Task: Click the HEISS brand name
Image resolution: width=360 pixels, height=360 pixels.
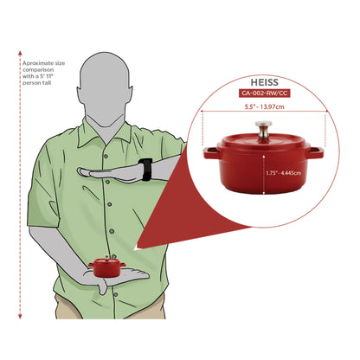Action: [x=264, y=82]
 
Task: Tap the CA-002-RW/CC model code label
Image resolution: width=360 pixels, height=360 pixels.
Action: [x=264, y=93]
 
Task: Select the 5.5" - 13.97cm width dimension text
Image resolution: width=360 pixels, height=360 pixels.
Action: [x=264, y=106]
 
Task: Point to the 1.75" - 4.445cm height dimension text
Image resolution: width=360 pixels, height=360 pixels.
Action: [x=284, y=173]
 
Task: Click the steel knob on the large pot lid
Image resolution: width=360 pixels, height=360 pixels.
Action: [x=263, y=130]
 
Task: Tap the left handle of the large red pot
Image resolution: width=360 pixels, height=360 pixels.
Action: [x=211, y=153]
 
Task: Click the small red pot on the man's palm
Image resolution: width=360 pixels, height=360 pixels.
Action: [x=107, y=267]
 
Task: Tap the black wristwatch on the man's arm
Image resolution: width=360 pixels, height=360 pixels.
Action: [x=145, y=170]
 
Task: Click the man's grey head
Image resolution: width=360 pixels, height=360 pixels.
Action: [x=105, y=87]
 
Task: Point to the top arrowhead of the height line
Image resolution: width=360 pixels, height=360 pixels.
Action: [x=20, y=53]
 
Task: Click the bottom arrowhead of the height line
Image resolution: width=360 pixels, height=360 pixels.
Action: [x=20, y=317]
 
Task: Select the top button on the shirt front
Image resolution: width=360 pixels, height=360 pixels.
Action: [x=106, y=156]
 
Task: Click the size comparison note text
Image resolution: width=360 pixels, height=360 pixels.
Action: [x=43, y=73]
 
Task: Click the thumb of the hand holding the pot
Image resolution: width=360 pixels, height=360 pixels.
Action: [x=102, y=287]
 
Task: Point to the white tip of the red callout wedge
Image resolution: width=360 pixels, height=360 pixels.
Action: [x=136, y=247]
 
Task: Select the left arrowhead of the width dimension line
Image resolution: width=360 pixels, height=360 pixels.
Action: [x=202, y=111]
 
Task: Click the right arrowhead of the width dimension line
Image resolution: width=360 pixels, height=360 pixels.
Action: [x=326, y=111]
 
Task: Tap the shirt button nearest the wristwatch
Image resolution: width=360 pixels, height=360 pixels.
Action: [x=107, y=182]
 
